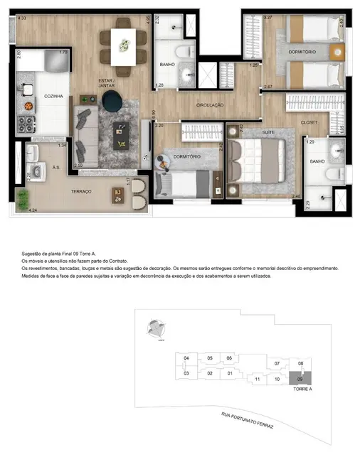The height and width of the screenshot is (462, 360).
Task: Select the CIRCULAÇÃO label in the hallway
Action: point(210,105)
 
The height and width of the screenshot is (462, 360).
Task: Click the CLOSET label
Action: point(309,122)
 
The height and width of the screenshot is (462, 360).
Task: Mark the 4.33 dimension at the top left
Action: point(21,18)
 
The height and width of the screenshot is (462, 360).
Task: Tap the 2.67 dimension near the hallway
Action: point(268,87)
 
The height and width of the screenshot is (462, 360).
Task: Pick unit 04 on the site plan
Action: point(186,358)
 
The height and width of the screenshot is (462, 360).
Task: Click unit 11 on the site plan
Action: point(256,380)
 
